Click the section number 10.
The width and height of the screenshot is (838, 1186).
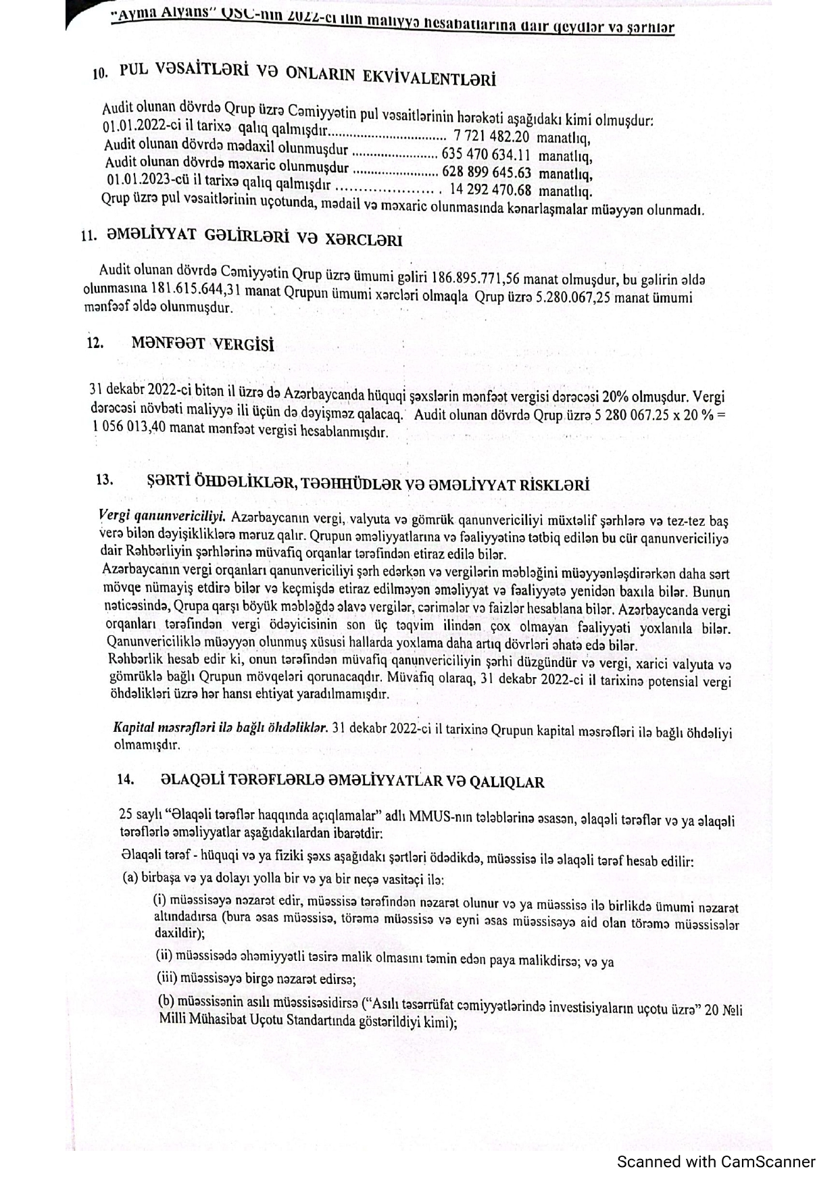click(100, 74)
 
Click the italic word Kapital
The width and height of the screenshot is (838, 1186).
click(134, 728)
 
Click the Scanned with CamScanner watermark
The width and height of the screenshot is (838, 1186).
click(716, 1162)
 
